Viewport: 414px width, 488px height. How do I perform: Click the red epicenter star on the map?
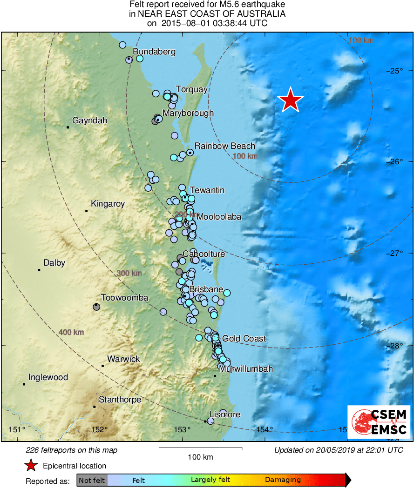point(290,100)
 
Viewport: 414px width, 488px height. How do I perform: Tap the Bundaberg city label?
point(154,52)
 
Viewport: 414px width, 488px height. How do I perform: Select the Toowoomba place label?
point(124,298)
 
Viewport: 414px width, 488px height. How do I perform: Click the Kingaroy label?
point(108,204)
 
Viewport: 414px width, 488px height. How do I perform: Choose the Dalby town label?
point(54,263)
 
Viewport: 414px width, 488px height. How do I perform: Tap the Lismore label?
point(225,414)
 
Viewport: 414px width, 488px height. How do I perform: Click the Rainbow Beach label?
point(225,146)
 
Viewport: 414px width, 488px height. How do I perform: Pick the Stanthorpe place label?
point(120,400)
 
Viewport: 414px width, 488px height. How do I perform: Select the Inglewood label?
point(48,377)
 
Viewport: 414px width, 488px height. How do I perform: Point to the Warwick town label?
point(123,359)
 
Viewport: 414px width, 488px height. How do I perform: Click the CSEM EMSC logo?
point(379,421)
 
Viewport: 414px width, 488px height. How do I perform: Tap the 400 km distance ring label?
point(71,332)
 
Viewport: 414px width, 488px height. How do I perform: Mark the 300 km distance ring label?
point(129,273)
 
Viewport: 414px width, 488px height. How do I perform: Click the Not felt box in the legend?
point(92,480)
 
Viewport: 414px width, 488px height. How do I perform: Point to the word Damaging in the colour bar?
point(283,480)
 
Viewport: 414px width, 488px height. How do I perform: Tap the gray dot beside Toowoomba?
point(96,306)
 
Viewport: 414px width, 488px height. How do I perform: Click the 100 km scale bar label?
point(200,457)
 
